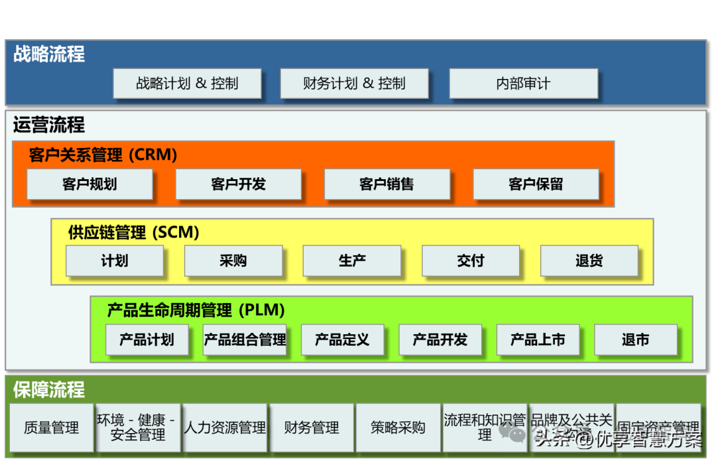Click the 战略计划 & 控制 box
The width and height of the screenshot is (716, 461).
click(x=187, y=84)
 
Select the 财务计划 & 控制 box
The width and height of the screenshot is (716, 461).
click(x=354, y=84)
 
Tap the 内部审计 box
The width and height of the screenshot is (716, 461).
click(x=523, y=84)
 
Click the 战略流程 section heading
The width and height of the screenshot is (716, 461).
click(x=49, y=54)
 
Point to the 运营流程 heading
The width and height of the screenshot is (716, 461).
click(x=49, y=124)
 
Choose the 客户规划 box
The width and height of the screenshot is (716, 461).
click(x=89, y=184)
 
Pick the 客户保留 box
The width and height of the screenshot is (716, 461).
click(x=536, y=184)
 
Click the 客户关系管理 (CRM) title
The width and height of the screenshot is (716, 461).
click(x=103, y=155)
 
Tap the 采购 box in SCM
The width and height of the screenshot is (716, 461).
click(x=233, y=261)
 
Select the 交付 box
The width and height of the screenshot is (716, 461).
click(x=471, y=261)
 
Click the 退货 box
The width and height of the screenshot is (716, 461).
click(x=589, y=261)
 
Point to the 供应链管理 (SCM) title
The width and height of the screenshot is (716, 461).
click(x=133, y=233)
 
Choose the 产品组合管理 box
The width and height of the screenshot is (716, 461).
click(x=245, y=340)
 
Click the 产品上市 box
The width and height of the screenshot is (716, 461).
click(x=538, y=340)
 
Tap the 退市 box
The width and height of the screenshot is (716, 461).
click(x=635, y=340)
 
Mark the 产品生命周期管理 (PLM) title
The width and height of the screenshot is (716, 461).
click(x=196, y=310)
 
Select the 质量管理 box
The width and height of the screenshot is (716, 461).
click(x=51, y=428)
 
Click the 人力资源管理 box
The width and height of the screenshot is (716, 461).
click(x=225, y=428)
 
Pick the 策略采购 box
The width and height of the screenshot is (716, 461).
click(x=398, y=428)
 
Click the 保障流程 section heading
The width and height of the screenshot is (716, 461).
click(x=49, y=389)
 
